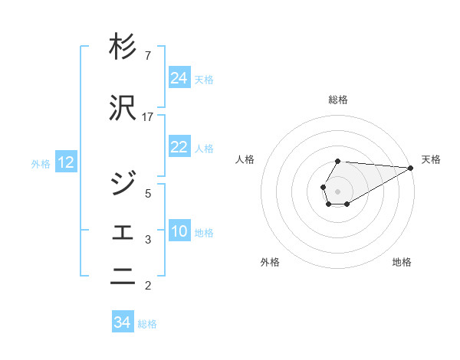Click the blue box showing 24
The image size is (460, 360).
tap(179, 78)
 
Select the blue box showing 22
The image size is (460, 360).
tap(179, 148)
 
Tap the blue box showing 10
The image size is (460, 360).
tap(179, 231)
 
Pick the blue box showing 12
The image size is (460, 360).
tap(66, 162)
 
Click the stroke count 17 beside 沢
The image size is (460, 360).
tap(148, 117)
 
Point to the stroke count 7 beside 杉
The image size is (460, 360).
tap(147, 55)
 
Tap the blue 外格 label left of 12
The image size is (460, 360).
tap(41, 163)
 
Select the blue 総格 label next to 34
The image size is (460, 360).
tap(147, 323)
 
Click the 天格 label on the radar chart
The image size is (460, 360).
tap(431, 159)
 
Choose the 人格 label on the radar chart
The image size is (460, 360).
tap(245, 159)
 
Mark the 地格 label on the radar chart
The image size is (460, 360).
tap(402, 262)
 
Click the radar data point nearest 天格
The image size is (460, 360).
tap(411, 169)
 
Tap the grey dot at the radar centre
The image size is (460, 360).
tap(337, 190)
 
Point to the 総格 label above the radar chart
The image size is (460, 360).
tap(338, 100)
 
